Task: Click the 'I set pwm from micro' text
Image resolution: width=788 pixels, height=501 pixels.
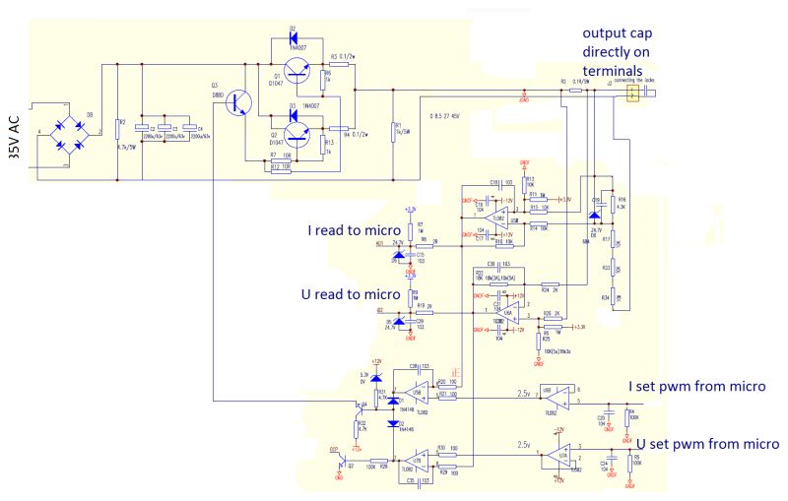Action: [698, 386]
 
